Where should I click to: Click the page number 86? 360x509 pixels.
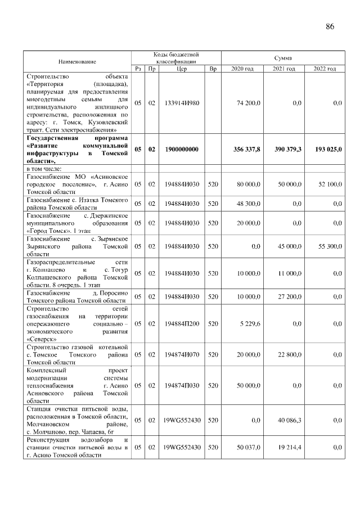(x=330, y=26)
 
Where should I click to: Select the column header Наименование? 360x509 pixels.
(x=76, y=61)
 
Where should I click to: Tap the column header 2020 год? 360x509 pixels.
(x=242, y=69)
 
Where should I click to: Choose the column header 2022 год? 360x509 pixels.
(x=324, y=69)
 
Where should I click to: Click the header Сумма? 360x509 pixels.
(x=282, y=57)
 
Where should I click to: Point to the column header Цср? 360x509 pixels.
(x=181, y=69)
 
